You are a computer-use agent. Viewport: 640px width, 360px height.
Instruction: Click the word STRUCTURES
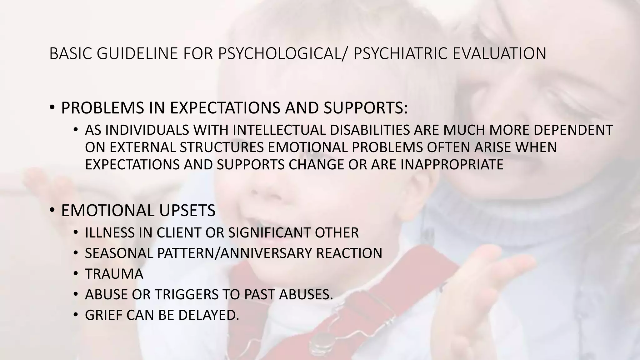222,147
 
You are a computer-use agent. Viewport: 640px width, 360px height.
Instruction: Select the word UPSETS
187,210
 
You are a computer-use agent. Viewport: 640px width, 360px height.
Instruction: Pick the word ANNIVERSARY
266,253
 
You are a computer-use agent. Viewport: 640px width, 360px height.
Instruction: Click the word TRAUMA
114,274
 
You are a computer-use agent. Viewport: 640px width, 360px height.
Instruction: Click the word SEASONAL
119,253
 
